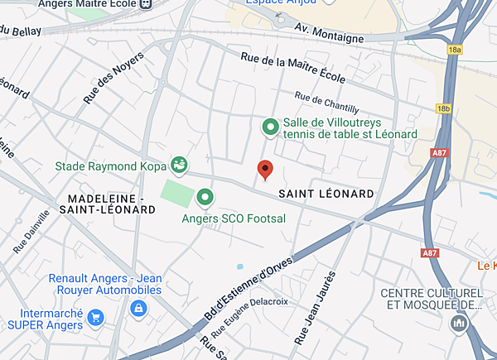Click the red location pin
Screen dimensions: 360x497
point(265,170)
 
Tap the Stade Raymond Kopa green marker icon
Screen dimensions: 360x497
point(178,163)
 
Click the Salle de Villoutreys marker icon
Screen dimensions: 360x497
point(270,127)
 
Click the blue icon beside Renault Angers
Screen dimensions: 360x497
point(138,308)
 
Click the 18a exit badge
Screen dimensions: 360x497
point(454,50)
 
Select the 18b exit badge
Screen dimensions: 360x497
point(445,108)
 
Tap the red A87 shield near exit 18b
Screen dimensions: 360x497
point(440,153)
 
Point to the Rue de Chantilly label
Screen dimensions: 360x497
point(326,103)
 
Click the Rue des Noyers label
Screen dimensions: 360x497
point(113,78)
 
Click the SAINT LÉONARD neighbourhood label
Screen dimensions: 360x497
point(326,194)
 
